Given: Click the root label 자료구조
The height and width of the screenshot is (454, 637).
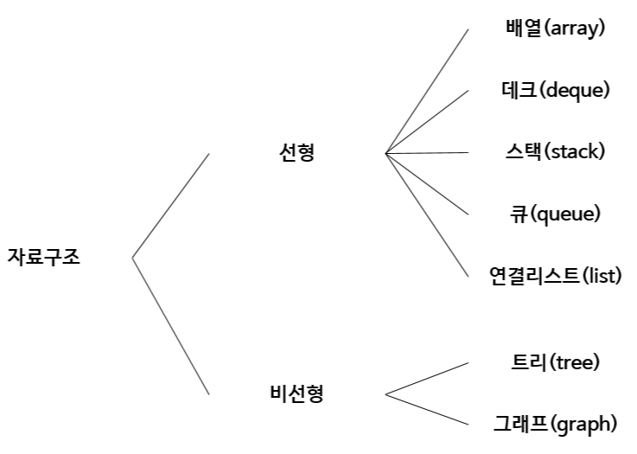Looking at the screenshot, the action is (x=43, y=258).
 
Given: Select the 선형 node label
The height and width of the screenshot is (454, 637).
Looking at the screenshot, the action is (x=297, y=153).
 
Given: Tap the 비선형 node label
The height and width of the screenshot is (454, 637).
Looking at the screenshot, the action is (x=296, y=394).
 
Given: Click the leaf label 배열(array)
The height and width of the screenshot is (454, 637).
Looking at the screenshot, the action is (x=555, y=28).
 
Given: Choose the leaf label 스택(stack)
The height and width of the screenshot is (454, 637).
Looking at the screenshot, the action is (x=554, y=152).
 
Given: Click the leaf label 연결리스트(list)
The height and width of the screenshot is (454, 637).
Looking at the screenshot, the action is (x=555, y=276).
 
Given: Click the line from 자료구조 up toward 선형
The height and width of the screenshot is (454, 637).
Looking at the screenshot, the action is (x=170, y=206).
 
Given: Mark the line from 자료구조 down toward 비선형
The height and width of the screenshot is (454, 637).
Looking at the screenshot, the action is (x=170, y=326).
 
